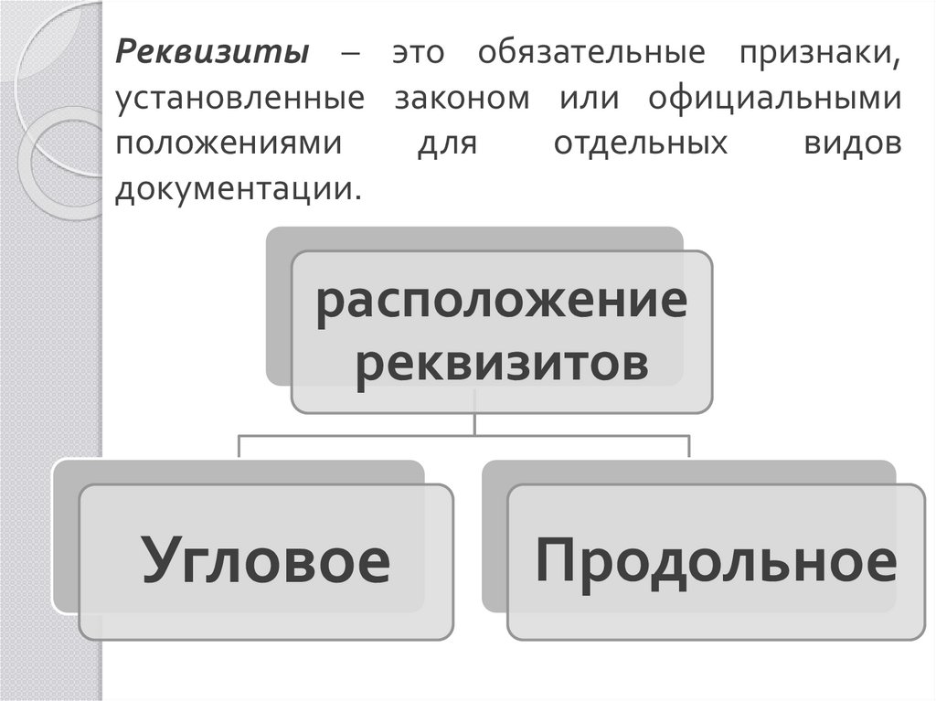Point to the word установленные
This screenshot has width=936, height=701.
tap(237, 99)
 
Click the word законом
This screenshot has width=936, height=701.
tap(463, 99)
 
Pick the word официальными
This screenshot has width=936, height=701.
tap(775, 99)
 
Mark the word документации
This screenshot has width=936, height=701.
tap(233, 189)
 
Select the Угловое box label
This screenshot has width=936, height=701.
tap(265, 560)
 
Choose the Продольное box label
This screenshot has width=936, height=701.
tap(716, 560)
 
